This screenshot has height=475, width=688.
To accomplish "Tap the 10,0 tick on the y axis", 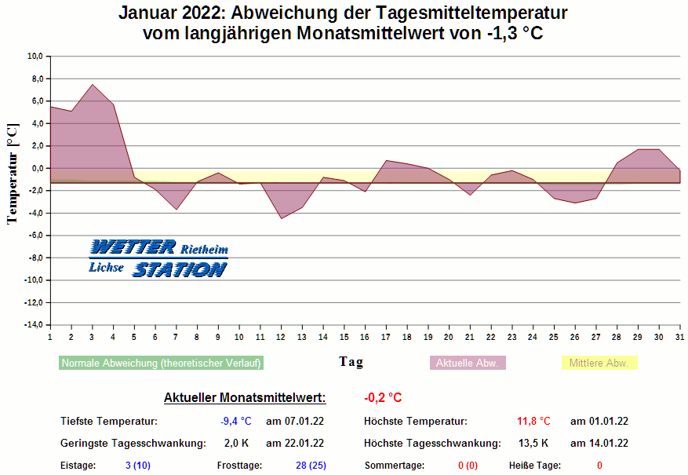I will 35,57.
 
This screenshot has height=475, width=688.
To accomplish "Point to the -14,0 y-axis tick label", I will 33,325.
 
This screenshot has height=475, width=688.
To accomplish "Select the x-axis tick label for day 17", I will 386,337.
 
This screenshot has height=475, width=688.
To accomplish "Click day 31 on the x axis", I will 679,337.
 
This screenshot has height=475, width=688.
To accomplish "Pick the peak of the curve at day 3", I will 93,85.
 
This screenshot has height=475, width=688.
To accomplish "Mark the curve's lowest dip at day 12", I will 281,217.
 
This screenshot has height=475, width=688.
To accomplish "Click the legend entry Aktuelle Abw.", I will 468,364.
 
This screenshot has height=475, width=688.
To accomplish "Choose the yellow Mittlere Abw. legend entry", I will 599,364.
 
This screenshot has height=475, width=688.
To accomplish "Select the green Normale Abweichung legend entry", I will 161,364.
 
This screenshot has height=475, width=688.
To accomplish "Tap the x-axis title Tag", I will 351,362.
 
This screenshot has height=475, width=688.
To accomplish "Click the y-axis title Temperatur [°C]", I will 13,174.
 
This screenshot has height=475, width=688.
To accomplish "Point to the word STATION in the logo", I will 180,269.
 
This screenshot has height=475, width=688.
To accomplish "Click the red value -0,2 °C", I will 383,398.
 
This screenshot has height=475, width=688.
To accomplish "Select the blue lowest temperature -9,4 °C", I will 236,422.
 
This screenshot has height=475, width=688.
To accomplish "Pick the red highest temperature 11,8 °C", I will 533,422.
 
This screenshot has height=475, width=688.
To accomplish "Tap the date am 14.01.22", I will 599,444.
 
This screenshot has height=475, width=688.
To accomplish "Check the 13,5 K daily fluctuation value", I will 533,444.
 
